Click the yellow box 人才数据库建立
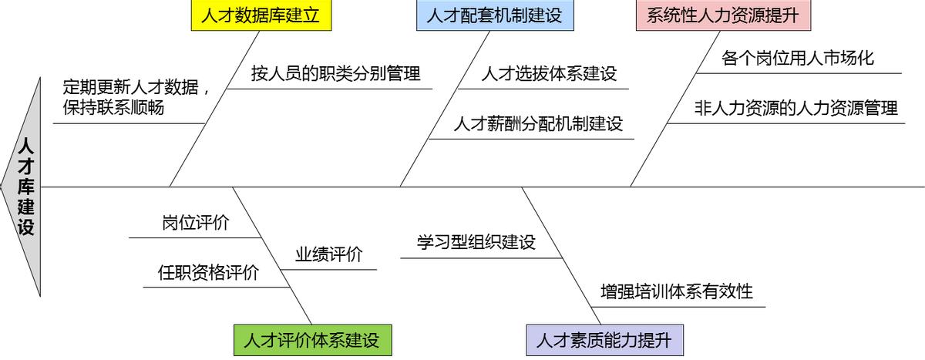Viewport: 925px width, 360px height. (261, 15)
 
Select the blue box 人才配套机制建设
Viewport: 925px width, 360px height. (495, 15)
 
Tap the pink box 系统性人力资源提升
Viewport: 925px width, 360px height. (722, 15)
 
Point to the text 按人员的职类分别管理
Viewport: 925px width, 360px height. (335, 74)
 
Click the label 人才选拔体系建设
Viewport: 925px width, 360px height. (549, 74)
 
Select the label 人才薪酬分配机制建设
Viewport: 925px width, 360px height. (538, 123)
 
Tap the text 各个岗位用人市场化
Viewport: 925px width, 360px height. (798, 58)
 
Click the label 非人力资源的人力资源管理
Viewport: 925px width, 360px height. (796, 108)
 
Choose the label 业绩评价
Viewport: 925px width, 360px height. (328, 254)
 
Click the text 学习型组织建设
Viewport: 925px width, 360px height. (476, 242)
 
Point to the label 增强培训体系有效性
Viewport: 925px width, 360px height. (677, 291)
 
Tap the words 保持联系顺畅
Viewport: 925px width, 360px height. (113, 108)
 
